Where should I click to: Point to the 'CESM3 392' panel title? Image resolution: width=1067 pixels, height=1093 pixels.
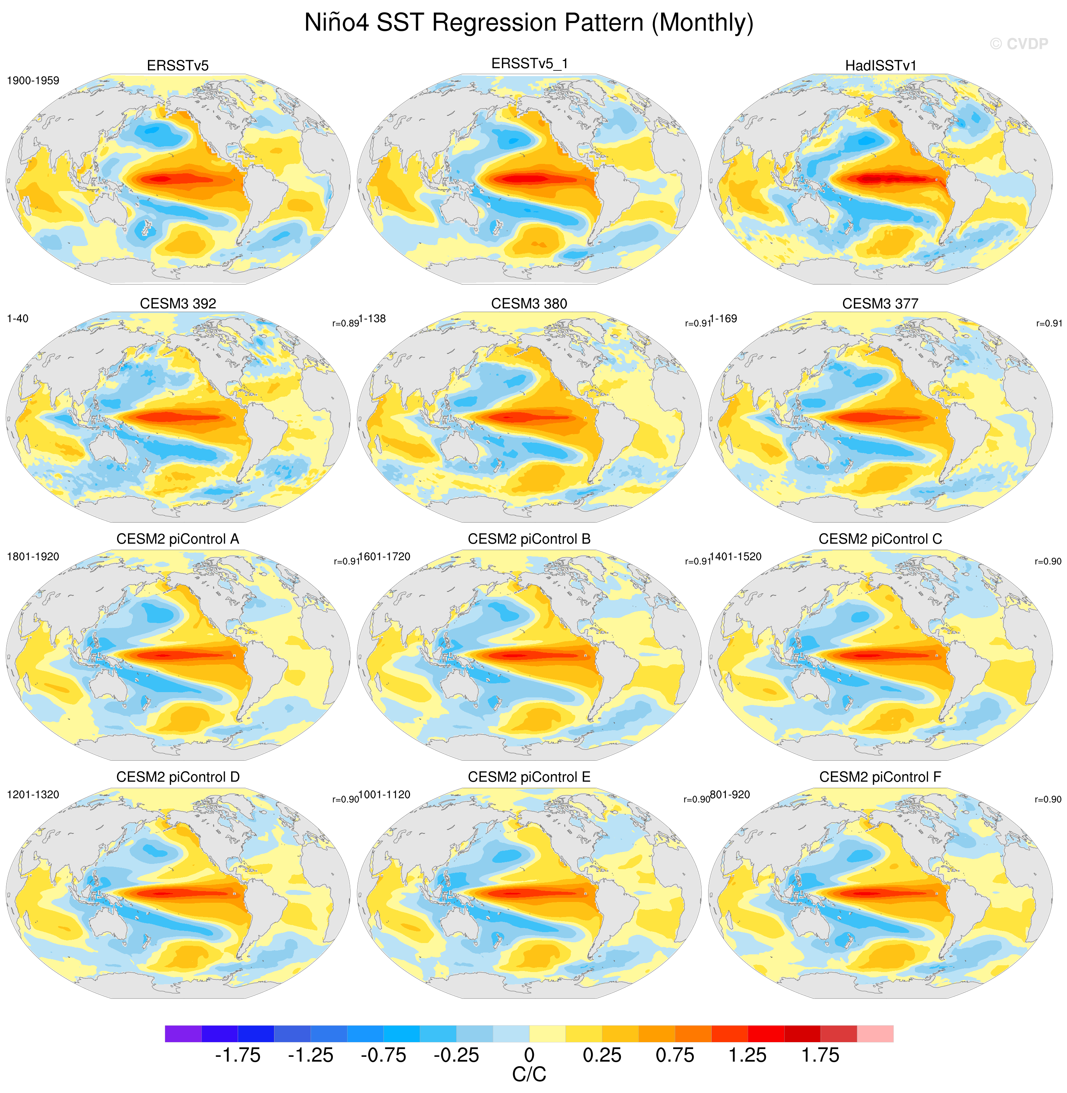click(x=178, y=303)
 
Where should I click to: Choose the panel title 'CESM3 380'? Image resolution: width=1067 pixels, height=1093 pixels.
click(x=529, y=303)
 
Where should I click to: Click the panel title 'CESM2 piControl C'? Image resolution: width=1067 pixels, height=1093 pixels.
click(x=880, y=539)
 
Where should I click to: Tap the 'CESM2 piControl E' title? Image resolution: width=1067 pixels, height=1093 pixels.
click(x=529, y=777)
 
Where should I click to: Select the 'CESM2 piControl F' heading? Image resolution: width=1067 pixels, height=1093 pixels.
click(x=880, y=777)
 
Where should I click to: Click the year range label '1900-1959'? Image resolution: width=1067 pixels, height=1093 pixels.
click(x=33, y=81)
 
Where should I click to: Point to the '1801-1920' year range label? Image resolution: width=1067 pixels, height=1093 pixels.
click(x=33, y=556)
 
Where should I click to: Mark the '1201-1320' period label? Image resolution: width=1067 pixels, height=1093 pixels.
click(x=33, y=794)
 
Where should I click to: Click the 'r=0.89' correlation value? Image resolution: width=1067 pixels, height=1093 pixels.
click(x=345, y=324)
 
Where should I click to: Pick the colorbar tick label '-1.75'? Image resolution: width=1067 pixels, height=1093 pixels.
click(x=238, y=1055)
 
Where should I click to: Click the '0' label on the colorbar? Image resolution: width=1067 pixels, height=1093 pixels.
click(x=529, y=1055)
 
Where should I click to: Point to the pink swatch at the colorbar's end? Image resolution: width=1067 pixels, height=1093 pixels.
click(x=875, y=1033)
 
